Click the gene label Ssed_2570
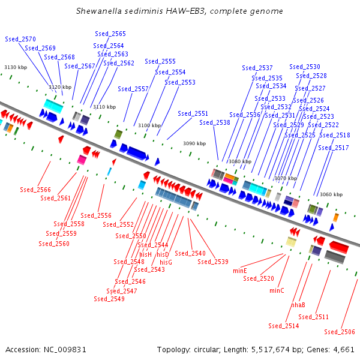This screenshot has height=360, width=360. [x=20, y=39]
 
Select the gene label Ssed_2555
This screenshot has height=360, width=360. [x=160, y=61]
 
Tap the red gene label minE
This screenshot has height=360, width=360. [x=240, y=271]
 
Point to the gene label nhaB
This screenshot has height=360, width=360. [x=298, y=305]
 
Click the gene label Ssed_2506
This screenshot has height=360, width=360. [x=340, y=332]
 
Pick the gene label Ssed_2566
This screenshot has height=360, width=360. [x=35, y=190]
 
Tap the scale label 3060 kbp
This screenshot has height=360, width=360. [x=331, y=194]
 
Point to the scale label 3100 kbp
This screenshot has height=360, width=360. [x=149, y=125]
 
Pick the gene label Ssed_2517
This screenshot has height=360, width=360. [x=334, y=148]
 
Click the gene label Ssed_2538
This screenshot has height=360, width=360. [x=215, y=122]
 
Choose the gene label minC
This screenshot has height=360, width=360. [x=277, y=290]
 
